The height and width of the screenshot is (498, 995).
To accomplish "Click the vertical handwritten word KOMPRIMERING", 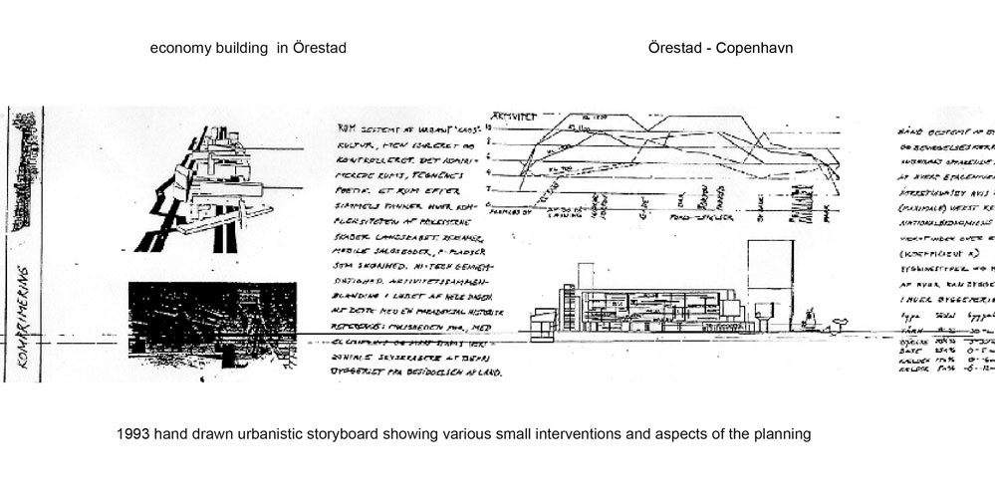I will (x=22, y=323).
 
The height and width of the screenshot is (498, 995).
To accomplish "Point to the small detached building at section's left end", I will (x=543, y=323).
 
